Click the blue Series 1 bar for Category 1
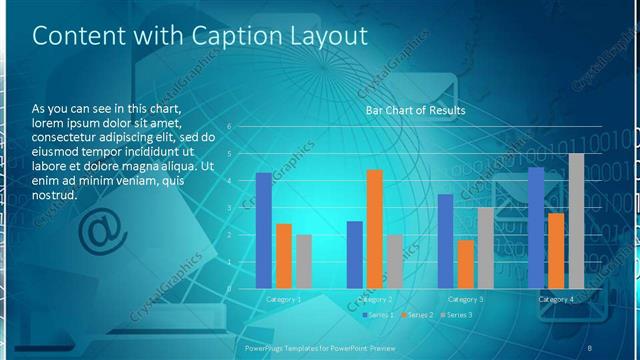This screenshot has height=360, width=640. (264, 231)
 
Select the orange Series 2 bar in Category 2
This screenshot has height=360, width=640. (375, 229)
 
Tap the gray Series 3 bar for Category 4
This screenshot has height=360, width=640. (576, 221)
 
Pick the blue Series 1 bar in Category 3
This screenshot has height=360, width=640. (446, 241)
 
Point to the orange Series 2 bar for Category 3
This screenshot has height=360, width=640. (465, 264)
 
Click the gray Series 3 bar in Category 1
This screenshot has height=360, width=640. (304, 262)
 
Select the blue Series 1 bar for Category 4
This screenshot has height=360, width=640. (536, 228)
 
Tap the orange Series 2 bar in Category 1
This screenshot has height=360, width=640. (284, 256)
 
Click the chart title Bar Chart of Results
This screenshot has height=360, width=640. (415, 110)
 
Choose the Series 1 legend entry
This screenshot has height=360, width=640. (379, 315)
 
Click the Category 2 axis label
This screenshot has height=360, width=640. (374, 299)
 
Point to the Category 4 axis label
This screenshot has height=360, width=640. (556, 299)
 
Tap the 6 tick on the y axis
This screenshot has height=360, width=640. (229, 127)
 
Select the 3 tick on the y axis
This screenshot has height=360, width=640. (229, 208)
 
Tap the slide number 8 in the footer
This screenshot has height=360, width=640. (590, 347)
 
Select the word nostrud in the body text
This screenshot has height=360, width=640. (55, 195)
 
